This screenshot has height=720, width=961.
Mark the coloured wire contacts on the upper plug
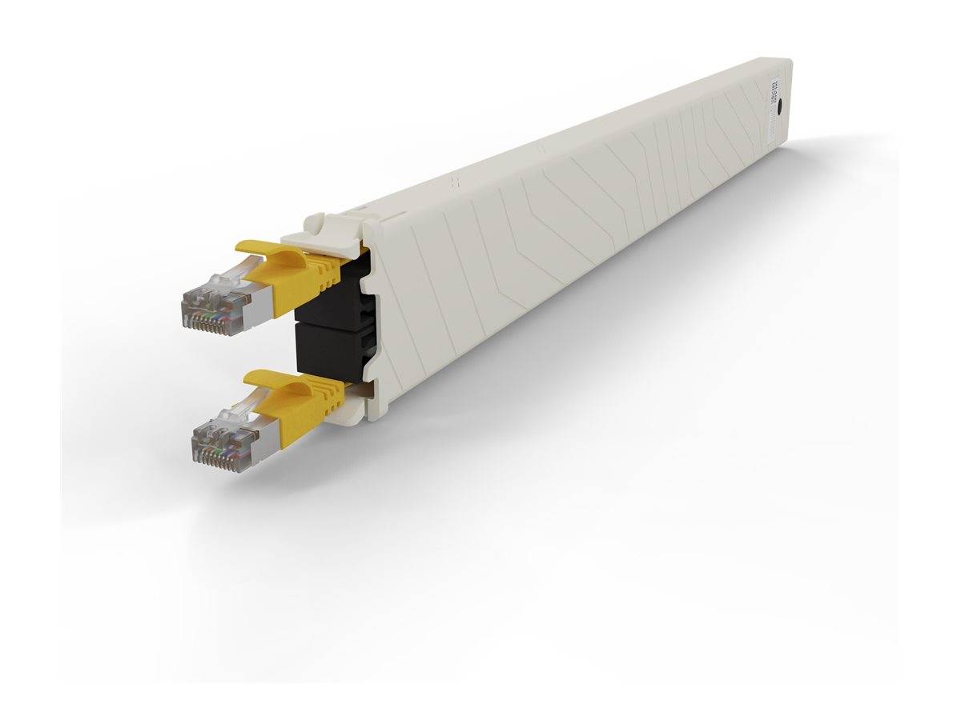tap(210, 320)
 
